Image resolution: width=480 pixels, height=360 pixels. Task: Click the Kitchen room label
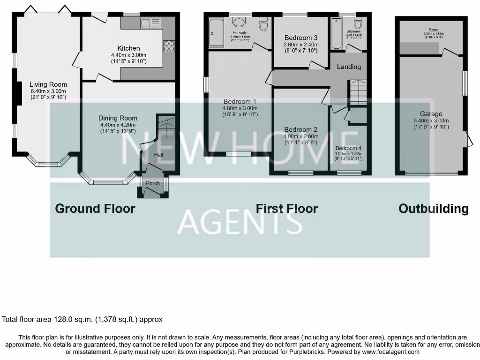coord(128,48)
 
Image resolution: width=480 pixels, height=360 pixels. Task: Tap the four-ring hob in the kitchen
coord(169,46)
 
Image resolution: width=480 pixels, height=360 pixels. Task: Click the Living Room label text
coord(48,84)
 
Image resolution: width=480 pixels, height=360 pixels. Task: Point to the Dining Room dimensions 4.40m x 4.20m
coord(118,125)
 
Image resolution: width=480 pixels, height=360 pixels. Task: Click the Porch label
coord(153,183)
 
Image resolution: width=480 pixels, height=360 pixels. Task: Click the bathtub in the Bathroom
coord(337,34)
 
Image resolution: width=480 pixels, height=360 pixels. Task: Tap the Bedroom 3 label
coord(301,38)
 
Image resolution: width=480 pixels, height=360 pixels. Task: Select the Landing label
coord(349,67)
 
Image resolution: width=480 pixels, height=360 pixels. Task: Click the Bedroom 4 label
coord(348,148)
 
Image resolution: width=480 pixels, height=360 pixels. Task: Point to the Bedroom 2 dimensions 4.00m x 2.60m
coord(301,136)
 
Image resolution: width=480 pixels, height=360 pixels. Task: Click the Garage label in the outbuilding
coord(431,114)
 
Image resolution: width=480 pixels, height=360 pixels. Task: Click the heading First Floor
coord(287,209)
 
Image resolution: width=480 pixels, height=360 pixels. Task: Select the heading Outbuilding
coord(433,209)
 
